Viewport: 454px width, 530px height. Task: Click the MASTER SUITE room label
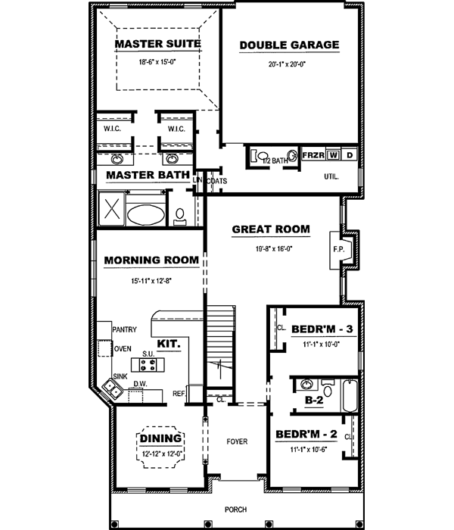[157, 44]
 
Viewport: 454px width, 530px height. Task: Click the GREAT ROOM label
[271, 229]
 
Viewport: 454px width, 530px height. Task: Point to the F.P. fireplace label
[337, 248]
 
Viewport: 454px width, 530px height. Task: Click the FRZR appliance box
[313, 155]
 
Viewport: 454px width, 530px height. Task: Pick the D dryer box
[350, 155]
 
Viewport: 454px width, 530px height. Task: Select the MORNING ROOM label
[151, 260]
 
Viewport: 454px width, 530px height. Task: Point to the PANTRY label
[123, 330]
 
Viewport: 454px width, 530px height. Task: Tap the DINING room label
[160, 438]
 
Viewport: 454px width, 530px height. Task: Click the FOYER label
[237, 441]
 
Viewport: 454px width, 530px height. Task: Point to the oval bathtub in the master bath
[143, 214]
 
